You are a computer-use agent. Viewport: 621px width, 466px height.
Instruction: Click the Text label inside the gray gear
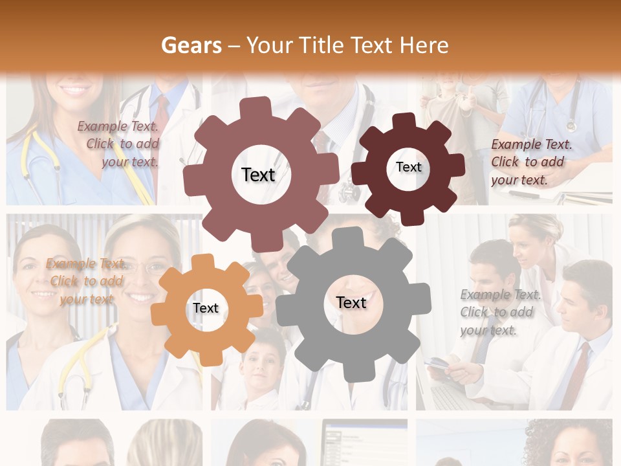351,302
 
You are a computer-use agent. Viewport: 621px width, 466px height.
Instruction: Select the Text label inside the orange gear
206,308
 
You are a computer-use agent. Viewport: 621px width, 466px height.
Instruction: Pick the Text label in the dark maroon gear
408,167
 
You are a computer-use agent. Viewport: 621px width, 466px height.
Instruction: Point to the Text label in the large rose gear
258,175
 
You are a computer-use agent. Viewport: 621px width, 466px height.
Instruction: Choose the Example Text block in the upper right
531,162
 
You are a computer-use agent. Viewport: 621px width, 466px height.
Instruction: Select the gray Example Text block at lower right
500,312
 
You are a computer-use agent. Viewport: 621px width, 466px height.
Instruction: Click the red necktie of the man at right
579,375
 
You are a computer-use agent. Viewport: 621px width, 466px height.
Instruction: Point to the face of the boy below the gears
261,369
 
